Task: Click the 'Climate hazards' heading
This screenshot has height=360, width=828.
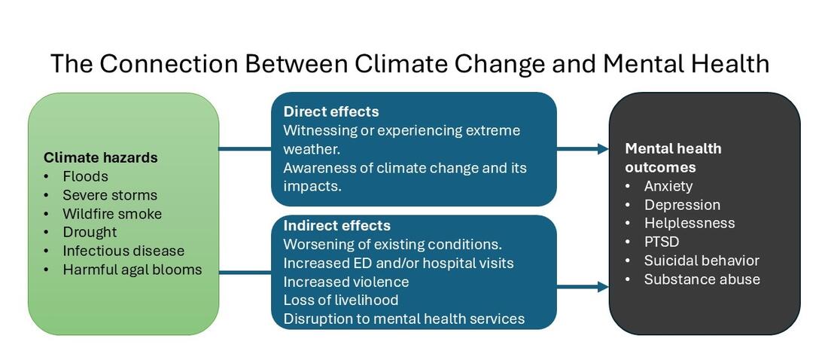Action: pos(101,157)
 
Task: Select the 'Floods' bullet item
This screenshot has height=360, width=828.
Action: pos(85,176)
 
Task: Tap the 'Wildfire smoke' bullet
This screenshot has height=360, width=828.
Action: pos(112,213)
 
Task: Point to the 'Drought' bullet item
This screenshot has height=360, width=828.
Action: pos(90,232)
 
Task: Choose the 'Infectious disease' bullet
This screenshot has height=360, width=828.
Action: pos(123,251)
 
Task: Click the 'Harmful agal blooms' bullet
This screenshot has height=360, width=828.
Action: pos(132,269)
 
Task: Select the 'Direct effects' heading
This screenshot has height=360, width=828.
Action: pos(331,111)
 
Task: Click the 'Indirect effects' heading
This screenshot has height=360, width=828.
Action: pos(336,225)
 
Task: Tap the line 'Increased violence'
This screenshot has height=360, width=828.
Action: pos(346,282)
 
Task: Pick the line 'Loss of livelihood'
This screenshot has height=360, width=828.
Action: pos(341,300)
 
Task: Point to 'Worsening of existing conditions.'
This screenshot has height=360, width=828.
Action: pos(392,244)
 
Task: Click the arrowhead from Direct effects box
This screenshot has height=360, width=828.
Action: pos(603,149)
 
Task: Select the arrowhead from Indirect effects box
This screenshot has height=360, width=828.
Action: pos(603,287)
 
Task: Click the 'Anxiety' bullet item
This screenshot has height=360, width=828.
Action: pos(668,186)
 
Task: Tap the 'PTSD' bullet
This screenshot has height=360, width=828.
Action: pos(662,242)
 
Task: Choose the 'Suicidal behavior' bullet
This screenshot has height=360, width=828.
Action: pos(702,261)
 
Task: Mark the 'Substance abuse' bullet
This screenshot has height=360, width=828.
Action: pos(702,279)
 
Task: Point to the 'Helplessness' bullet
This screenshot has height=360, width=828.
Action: pos(689,223)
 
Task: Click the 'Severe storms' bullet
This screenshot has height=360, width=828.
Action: pos(110,195)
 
